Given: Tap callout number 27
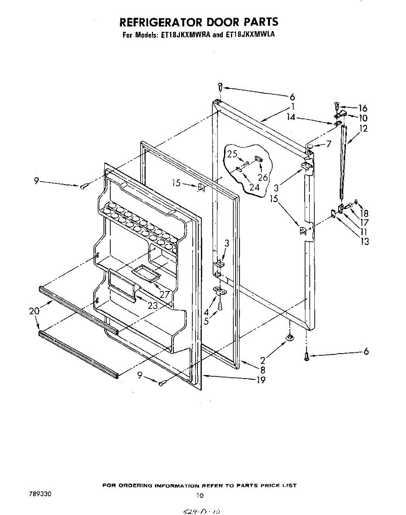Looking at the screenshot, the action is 164,295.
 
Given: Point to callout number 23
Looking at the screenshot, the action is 152,306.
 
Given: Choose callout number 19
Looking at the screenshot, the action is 260,379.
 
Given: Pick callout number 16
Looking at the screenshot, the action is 363,108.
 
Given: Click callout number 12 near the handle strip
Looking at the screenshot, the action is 364,128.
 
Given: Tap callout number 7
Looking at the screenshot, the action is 329,144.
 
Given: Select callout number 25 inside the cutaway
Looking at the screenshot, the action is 232,154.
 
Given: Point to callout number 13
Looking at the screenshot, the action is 364,241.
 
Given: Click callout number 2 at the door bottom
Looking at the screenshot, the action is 262,361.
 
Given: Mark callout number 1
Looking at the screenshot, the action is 292,107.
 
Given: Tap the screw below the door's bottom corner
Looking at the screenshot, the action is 306,356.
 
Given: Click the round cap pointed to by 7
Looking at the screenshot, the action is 309,148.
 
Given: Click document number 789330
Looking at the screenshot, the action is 40,494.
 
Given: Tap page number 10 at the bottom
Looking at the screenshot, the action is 199,495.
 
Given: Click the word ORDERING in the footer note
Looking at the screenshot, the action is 135,486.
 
